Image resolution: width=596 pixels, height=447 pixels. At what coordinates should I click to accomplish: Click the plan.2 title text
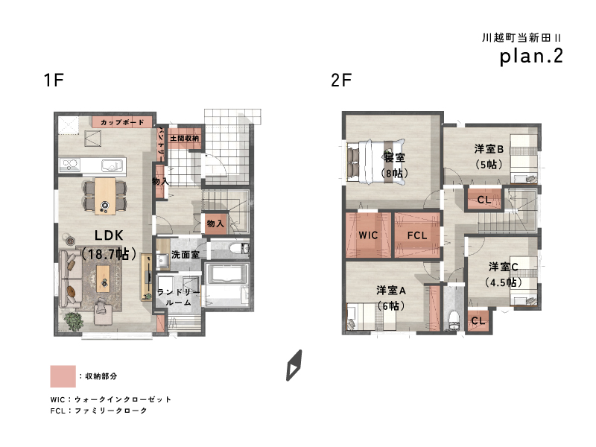[531, 57]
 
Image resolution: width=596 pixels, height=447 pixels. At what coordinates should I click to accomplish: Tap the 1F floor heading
[54, 80]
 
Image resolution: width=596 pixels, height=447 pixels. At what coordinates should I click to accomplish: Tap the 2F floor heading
[341, 80]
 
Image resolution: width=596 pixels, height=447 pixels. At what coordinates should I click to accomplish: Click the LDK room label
[109, 235]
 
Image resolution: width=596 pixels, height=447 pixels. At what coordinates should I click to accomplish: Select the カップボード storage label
[122, 122]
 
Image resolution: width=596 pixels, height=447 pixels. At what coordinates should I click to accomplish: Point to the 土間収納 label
[184, 139]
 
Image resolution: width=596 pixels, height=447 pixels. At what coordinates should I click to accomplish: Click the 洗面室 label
[185, 254]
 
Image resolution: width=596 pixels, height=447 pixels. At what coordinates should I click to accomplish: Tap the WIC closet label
[368, 235]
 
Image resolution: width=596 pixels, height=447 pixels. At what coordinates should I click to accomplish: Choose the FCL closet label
[417, 235]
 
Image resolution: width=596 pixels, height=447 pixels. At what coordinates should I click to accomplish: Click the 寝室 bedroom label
[394, 157]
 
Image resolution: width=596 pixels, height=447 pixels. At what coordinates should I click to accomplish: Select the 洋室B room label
[489, 149]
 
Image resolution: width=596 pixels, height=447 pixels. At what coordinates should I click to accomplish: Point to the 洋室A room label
[391, 291]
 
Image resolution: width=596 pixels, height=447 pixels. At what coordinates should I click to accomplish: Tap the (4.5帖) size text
[504, 282]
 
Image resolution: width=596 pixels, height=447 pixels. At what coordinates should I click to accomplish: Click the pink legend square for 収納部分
[63, 376]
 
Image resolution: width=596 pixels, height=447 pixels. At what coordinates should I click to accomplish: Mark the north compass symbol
[294, 365]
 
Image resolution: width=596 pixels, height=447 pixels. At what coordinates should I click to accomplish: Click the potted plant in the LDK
[73, 322]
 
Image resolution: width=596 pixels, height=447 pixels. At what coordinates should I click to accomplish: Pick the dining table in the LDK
[105, 196]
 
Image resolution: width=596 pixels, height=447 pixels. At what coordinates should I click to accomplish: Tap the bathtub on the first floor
[227, 274]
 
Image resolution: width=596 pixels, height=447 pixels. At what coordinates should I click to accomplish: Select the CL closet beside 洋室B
[484, 199]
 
